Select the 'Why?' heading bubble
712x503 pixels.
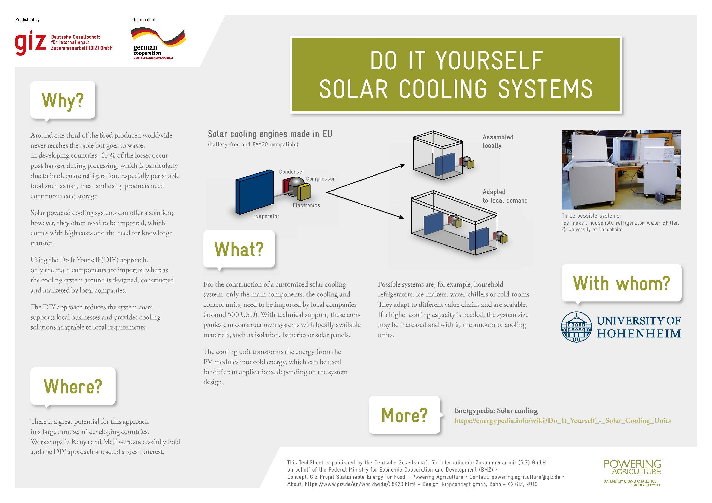(x=63, y=100)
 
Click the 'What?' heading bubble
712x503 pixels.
(x=239, y=249)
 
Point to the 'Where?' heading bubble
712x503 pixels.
(x=73, y=386)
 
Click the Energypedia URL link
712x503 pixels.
(x=562, y=421)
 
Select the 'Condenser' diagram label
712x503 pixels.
(x=292, y=172)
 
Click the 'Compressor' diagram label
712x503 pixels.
(x=320, y=179)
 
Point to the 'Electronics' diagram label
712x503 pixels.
(x=306, y=205)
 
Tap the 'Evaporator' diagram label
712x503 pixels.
(x=266, y=216)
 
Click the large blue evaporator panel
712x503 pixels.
(x=254, y=192)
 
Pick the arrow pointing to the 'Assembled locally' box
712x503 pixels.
(x=366, y=179)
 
